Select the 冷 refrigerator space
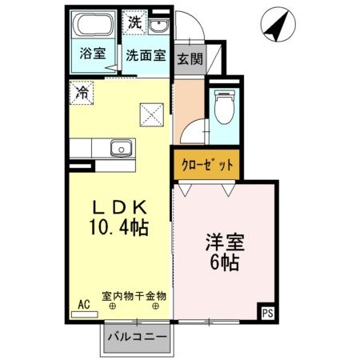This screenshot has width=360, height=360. coord(82,93)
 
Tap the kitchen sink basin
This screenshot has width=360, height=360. coord(122,149)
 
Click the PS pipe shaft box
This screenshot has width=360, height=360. coord(267,314)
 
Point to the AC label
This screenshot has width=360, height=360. coord(84,304)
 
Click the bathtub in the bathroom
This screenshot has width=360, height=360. coord(89,26)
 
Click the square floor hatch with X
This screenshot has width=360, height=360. coord(151,114)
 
